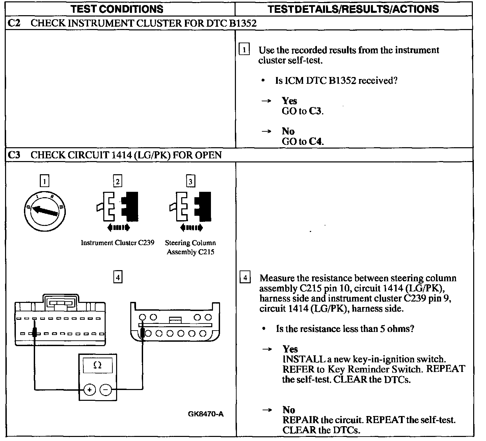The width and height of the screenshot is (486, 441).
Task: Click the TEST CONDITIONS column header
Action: point(117,9)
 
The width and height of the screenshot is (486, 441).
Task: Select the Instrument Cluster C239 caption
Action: point(117,243)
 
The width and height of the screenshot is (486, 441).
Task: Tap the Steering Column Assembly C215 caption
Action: point(190,247)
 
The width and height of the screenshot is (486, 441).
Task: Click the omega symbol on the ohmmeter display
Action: point(98,365)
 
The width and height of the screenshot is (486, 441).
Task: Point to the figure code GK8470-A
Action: point(206,414)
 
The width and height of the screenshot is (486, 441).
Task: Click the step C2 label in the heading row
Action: point(13,23)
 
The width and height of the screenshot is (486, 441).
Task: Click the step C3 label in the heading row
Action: point(13,155)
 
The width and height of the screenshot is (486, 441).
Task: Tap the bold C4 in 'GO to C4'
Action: point(315,141)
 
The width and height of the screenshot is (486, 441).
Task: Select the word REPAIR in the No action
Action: point(300,420)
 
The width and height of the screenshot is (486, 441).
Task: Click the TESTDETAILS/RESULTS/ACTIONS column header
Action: point(353,9)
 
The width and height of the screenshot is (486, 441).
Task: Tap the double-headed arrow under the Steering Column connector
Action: point(191,228)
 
